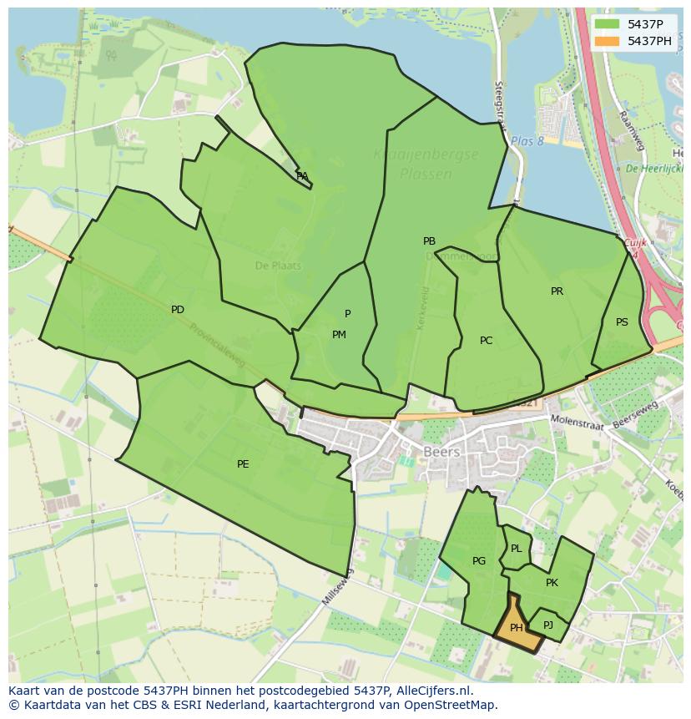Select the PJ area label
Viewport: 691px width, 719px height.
tap(548, 625)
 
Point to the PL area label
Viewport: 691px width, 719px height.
tap(517, 549)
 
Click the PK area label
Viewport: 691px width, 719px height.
tap(552, 583)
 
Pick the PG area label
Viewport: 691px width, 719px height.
tap(479, 561)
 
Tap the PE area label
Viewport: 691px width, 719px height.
tap(243, 464)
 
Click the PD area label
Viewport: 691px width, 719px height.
tap(178, 310)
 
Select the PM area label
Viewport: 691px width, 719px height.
tap(339, 335)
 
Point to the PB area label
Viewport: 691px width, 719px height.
tap(429, 241)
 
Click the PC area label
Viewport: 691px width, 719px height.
tap(487, 341)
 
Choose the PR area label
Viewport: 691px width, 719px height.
tap(557, 291)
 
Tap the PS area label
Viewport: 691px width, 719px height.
tap(622, 322)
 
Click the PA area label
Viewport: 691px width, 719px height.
tap(302, 176)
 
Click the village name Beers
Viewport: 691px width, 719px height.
tap(441, 452)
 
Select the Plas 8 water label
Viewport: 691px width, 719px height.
tap(527, 141)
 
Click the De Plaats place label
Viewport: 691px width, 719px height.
tap(278, 266)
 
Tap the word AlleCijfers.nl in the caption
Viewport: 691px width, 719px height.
tap(432, 691)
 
